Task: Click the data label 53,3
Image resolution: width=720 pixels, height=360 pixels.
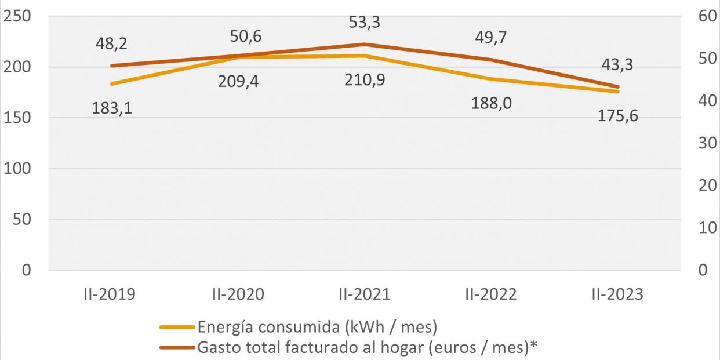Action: pyautogui.click(x=364, y=23)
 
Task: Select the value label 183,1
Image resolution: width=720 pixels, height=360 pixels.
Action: pyautogui.click(x=112, y=108)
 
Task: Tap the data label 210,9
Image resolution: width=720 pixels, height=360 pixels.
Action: pyautogui.click(x=365, y=79)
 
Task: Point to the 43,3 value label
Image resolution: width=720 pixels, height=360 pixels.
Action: pyautogui.click(x=617, y=65)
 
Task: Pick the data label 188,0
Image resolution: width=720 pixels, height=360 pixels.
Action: pyautogui.click(x=492, y=103)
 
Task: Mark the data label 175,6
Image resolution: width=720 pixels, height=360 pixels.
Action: pyautogui.click(x=618, y=115)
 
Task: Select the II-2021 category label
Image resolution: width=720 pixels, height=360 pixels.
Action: pyautogui.click(x=364, y=294)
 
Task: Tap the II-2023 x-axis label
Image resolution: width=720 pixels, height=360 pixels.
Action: pyautogui.click(x=617, y=294)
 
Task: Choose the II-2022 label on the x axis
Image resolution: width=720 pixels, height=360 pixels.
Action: pyautogui.click(x=490, y=294)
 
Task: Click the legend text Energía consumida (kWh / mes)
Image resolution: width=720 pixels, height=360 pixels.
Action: pyautogui.click(x=317, y=327)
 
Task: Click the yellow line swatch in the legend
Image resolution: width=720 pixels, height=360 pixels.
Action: pyautogui.click(x=177, y=328)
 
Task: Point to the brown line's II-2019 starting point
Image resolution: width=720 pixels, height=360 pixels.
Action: pyautogui.click(x=112, y=66)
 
